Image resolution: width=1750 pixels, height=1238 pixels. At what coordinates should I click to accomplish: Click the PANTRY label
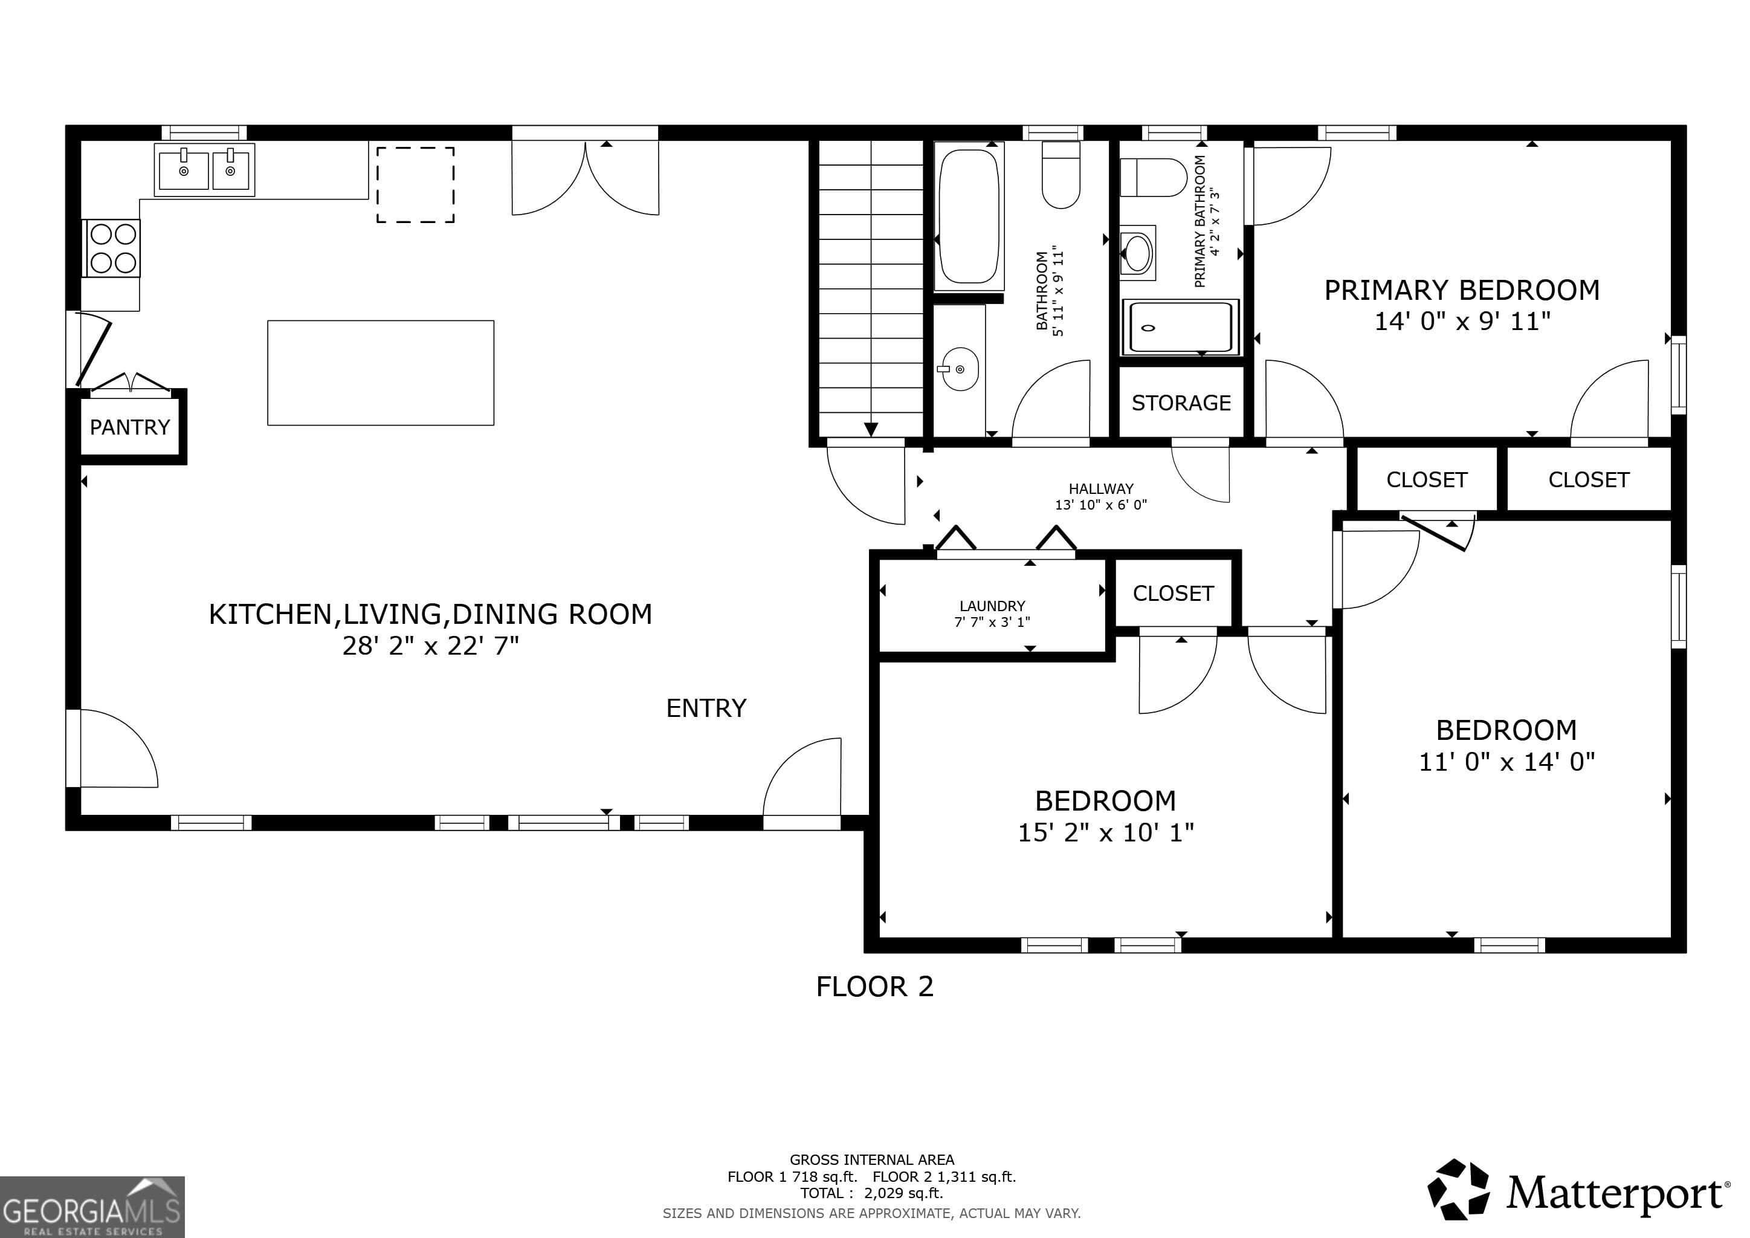(x=129, y=427)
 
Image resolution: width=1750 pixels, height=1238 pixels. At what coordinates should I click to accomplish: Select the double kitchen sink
(x=204, y=170)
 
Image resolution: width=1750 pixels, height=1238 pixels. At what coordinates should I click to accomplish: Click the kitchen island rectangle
(x=380, y=373)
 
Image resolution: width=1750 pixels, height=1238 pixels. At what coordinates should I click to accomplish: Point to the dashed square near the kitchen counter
(x=415, y=185)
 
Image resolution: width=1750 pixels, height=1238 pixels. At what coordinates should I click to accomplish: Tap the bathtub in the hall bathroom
(x=968, y=216)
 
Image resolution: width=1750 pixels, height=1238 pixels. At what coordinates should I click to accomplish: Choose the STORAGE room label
(x=1181, y=403)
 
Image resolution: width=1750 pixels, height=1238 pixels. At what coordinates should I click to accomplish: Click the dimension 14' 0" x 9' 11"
(x=1462, y=322)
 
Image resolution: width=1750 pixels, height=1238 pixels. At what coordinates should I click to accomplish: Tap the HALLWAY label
(x=1100, y=488)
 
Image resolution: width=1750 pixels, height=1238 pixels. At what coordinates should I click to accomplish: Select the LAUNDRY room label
(x=992, y=606)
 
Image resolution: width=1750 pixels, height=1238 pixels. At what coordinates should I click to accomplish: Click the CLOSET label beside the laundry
(x=1173, y=593)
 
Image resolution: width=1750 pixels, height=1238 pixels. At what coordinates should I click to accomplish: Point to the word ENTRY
(x=706, y=708)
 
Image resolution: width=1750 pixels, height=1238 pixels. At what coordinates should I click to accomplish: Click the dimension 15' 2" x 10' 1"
(x=1105, y=832)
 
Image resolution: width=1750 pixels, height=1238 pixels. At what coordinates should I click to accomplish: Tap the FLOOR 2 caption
(x=874, y=987)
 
